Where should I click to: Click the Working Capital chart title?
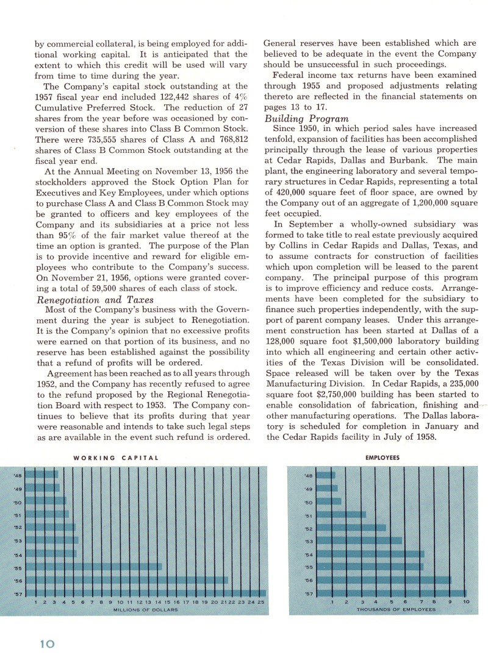[x=116, y=457]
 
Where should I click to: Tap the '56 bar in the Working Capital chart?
[x=132, y=580]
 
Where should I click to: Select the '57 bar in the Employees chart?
[x=391, y=593]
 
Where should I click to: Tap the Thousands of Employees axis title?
[x=396, y=610]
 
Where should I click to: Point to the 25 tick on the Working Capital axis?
[x=261, y=603]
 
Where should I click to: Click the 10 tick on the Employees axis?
[x=467, y=603]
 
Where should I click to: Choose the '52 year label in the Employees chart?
[x=308, y=528]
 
